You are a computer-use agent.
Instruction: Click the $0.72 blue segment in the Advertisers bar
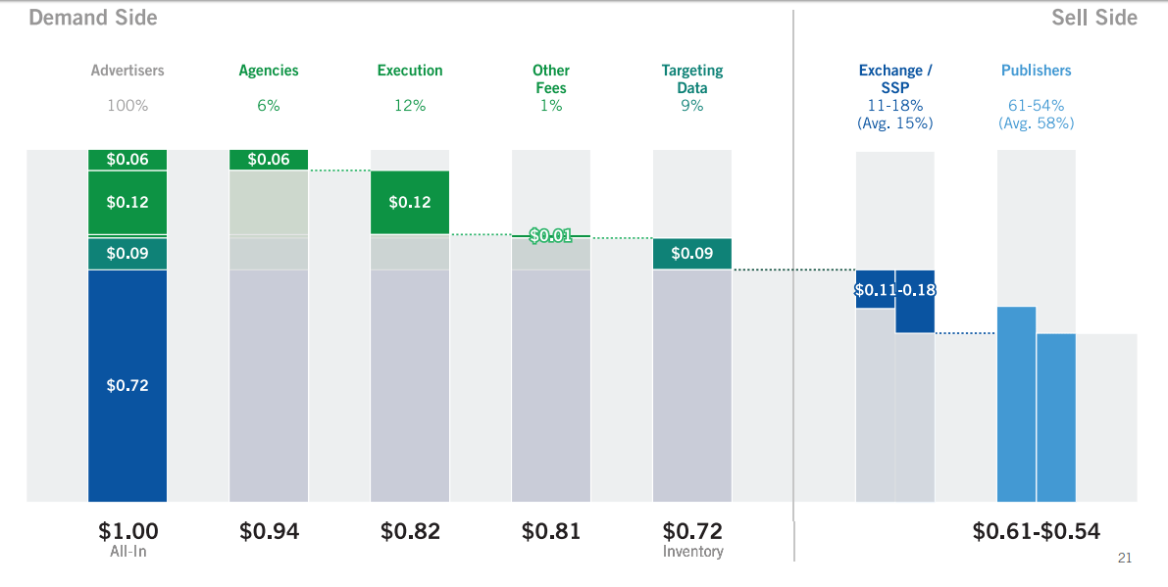click(127, 385)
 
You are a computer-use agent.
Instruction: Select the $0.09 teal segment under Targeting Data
click(692, 254)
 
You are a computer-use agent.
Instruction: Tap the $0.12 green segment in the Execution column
click(410, 202)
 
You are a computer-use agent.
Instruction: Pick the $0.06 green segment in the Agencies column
click(269, 160)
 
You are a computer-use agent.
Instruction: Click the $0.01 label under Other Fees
click(550, 236)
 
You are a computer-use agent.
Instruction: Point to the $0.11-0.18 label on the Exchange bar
click(894, 290)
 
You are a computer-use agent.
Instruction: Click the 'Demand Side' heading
click(93, 18)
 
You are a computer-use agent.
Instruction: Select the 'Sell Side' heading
click(1094, 18)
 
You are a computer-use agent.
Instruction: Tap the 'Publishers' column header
click(1036, 71)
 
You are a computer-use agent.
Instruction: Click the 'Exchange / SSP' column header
click(895, 78)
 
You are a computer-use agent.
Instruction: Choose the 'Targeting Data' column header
click(692, 78)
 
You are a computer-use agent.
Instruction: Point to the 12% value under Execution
click(410, 106)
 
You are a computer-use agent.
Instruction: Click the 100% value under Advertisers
click(127, 106)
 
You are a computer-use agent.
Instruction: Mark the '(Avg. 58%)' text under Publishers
click(1036, 123)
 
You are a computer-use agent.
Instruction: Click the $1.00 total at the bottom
click(127, 531)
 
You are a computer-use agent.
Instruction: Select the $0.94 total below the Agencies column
click(269, 531)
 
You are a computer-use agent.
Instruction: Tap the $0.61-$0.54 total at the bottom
click(1036, 531)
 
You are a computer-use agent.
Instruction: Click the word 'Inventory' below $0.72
click(692, 552)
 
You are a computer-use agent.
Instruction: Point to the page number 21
click(1125, 559)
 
